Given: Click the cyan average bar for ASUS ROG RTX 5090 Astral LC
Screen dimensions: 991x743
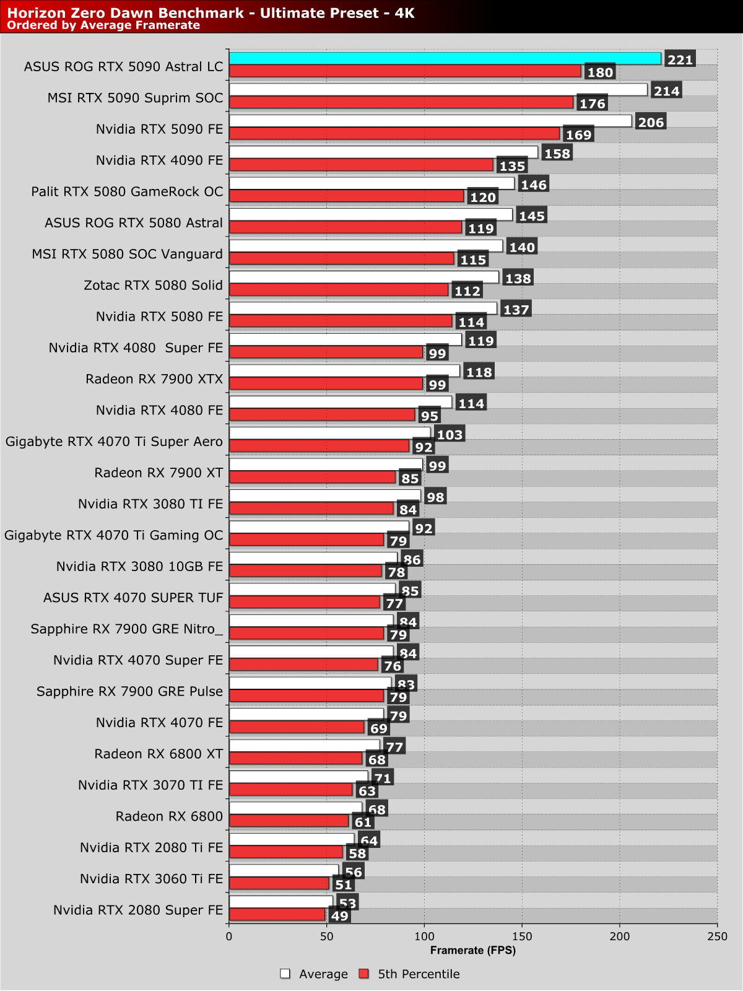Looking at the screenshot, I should pos(445,59).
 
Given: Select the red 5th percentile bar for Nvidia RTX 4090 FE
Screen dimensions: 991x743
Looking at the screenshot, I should pos(361,165).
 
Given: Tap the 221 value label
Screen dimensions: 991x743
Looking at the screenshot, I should pos(680,60).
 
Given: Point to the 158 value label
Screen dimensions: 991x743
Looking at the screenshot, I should pos(557,154).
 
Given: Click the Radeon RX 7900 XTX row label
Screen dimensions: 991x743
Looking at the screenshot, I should pos(154,379).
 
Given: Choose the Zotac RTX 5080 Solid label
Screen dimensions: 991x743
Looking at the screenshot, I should pos(153,286).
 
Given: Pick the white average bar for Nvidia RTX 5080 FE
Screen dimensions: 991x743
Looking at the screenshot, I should pos(363,308).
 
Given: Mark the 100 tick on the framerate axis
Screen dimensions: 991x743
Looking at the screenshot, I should pos(424,936).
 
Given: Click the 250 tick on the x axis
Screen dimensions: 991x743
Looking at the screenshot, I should pos(717,936).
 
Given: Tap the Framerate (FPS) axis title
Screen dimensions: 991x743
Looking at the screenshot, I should pos(473,950).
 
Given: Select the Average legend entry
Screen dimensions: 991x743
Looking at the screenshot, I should pos(315,974).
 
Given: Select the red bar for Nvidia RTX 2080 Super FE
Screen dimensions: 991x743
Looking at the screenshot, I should pos(277,914).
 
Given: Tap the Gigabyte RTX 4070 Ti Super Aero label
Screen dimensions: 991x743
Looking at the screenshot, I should pos(114,442).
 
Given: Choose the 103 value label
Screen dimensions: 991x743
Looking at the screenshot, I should pos(450,435).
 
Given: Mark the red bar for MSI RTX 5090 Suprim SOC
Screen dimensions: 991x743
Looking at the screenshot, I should pos(401,102).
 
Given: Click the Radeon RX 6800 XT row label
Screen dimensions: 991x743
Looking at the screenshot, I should pos(159,754).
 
